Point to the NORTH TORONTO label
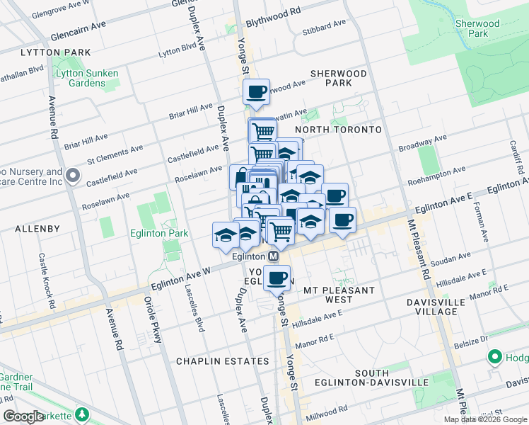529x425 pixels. [x=338, y=130]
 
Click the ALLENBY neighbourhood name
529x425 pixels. [x=30, y=229]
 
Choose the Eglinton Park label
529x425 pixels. [x=158, y=233]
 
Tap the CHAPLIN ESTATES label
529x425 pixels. [x=223, y=361]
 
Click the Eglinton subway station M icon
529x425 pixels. [x=272, y=256]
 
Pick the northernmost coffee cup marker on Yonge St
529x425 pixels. [x=256, y=91]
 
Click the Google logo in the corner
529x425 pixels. [x=23, y=416]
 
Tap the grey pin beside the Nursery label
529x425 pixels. [x=72, y=175]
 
